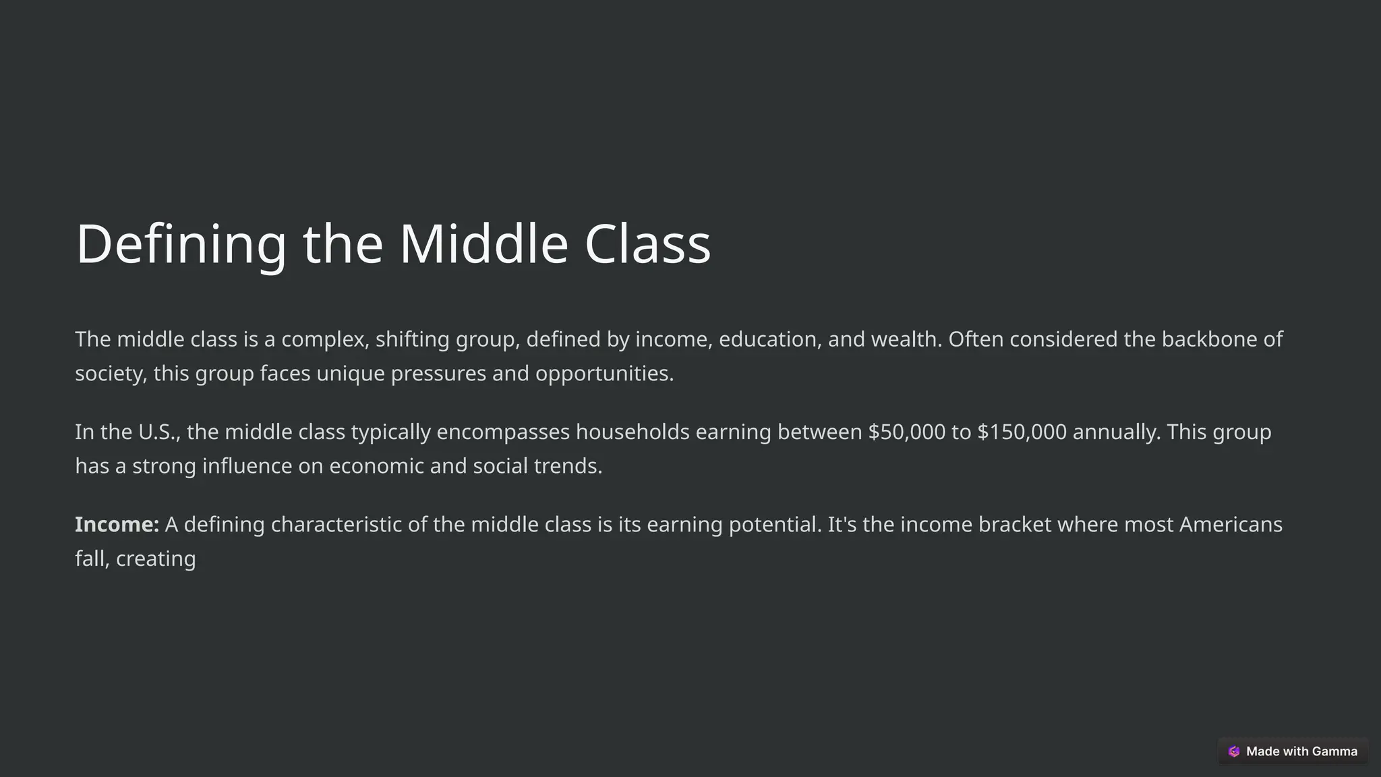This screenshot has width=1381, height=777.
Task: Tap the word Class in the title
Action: coord(647,244)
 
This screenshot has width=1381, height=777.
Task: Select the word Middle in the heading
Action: coord(483,244)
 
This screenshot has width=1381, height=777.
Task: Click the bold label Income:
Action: coord(117,525)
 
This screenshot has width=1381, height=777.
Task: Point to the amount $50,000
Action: coord(906,432)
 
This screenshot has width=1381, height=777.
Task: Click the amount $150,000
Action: coord(1022,432)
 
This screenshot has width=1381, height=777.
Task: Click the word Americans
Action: coord(1230,525)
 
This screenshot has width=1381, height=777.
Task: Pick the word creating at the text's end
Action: coord(156,559)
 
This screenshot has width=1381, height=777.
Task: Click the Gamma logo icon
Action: coord(1233,751)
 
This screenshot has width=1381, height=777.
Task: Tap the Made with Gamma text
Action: coord(1301,751)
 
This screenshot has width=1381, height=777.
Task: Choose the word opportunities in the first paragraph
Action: coord(604,374)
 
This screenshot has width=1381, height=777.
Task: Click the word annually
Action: coord(1116,432)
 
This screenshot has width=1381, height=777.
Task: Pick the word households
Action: coord(632,432)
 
